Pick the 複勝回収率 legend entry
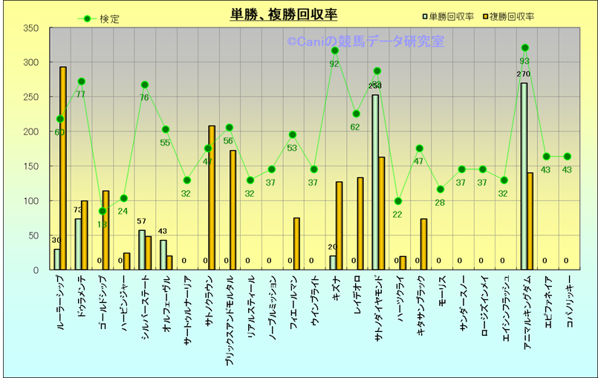[513, 16]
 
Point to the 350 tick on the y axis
[30, 28]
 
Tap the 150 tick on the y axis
[30, 166]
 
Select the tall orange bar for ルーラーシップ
[63, 169]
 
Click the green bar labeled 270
[524, 176]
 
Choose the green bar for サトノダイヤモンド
[375, 182]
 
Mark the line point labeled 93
[524, 48]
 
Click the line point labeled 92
[334, 50]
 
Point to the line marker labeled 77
[81, 82]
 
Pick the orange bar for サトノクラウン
[212, 198]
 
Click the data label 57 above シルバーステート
[142, 221]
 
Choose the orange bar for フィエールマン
[296, 244]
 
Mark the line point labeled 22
[397, 201]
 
